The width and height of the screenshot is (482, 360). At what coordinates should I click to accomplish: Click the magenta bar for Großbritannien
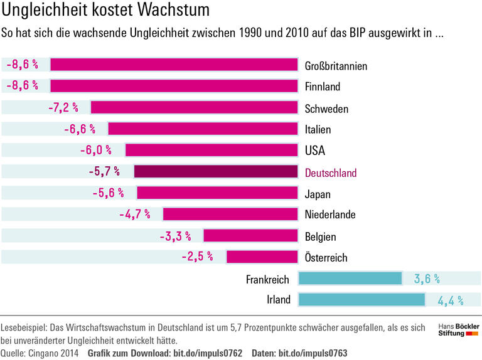[x=173, y=65]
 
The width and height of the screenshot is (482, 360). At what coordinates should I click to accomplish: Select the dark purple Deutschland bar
[x=215, y=172]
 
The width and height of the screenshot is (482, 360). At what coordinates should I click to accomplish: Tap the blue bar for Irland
[x=361, y=299]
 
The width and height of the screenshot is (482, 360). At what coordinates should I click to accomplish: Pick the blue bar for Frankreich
[x=350, y=278]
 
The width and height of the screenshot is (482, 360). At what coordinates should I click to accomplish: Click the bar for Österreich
[x=262, y=257]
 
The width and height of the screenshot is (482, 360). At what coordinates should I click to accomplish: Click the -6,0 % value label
[x=95, y=151]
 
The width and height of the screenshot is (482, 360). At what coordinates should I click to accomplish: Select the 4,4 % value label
[x=450, y=300]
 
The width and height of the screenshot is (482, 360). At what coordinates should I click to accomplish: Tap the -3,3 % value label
[x=174, y=236]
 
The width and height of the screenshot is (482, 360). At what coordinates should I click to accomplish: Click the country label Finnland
[x=322, y=87]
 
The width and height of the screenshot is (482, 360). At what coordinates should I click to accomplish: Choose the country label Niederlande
[x=330, y=215]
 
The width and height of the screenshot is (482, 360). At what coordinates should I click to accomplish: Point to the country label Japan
[x=318, y=194]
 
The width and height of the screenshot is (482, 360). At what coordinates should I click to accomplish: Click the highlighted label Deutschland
[x=330, y=173]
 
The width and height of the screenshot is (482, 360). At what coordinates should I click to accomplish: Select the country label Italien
[x=318, y=130]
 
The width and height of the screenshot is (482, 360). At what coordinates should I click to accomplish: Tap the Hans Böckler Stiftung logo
[x=458, y=329]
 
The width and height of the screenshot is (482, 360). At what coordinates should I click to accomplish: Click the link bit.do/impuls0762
[x=207, y=352]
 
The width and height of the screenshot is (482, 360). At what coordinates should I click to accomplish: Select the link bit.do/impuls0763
[x=313, y=352]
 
